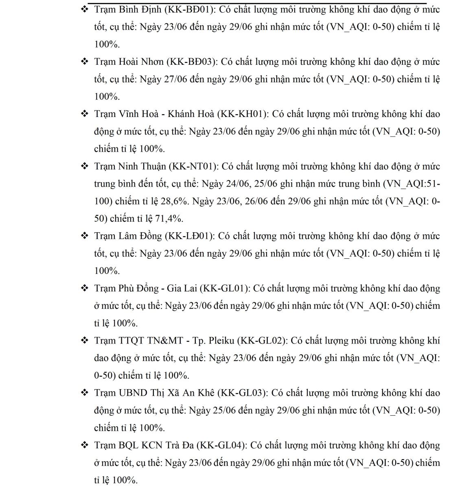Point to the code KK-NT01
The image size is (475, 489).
coord(192,166)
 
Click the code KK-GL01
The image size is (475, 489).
coord(224,289)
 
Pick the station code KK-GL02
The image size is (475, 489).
coord(262,341)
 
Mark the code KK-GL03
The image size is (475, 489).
coord(243,393)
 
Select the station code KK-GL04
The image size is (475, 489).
coord(221,445)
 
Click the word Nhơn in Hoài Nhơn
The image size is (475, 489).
coord(152,62)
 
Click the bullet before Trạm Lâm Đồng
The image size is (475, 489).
coord(85,236)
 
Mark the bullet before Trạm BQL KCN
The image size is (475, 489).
coord(85,445)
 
